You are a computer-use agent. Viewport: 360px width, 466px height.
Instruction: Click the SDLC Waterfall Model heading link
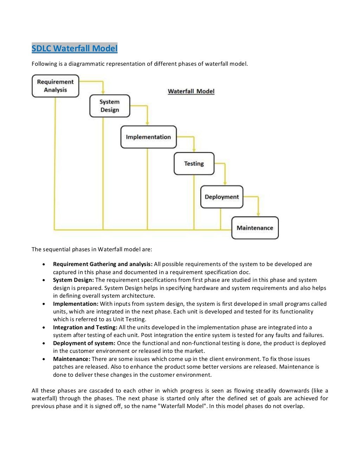(75, 48)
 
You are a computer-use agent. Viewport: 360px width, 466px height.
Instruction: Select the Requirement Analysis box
(55, 86)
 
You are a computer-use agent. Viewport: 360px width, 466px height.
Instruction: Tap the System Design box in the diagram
(110, 106)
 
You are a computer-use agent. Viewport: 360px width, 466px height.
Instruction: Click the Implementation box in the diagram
(148, 137)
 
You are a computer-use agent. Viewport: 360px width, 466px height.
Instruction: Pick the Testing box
(194, 163)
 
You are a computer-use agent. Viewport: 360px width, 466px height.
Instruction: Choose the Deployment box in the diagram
(221, 197)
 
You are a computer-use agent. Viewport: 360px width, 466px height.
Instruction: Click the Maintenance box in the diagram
(255, 228)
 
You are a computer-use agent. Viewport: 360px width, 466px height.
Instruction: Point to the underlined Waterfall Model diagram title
(191, 91)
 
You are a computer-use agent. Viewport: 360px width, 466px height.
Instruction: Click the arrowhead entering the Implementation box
(147, 123)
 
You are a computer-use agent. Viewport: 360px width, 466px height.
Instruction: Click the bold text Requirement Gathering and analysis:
(103, 264)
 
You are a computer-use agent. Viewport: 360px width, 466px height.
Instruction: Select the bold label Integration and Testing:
(85, 328)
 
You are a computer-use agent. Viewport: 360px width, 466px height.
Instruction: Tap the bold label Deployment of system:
(84, 343)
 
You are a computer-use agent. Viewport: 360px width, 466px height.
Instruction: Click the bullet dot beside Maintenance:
(44, 359)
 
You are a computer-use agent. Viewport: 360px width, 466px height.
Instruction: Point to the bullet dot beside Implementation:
(44, 304)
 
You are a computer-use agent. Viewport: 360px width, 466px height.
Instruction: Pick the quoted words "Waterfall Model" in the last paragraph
(183, 406)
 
